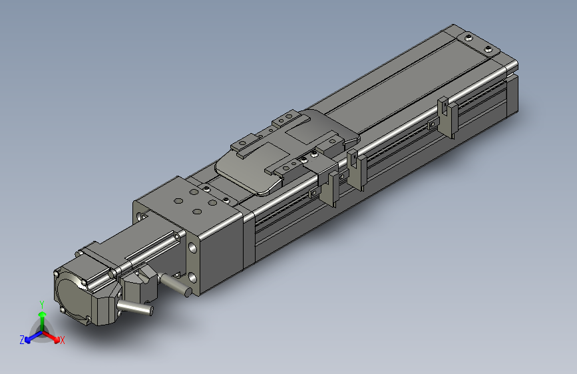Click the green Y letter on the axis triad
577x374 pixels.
click(x=42, y=304)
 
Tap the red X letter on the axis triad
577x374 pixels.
click(x=63, y=340)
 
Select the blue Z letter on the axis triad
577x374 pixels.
click(x=22, y=340)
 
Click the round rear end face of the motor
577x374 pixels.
click(x=71, y=297)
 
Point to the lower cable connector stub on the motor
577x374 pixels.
click(x=134, y=307)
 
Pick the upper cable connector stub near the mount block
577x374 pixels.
click(x=176, y=285)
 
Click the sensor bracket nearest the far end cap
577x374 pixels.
click(x=448, y=116)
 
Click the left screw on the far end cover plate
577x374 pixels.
click(x=469, y=37)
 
